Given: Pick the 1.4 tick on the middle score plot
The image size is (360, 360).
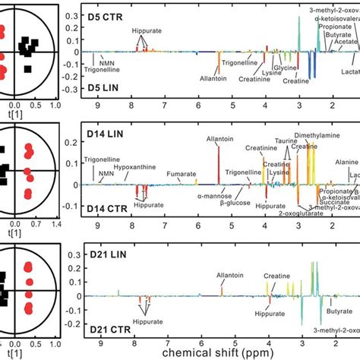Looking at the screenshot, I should tap(55, 226).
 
